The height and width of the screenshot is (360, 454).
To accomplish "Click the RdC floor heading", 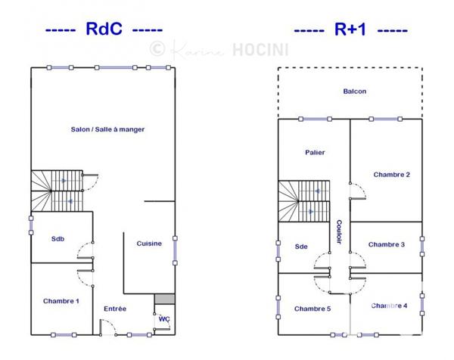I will tap(104, 29).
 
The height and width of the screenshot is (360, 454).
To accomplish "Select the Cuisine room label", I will tap(149, 243).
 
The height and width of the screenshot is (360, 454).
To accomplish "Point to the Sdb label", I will tap(58, 239).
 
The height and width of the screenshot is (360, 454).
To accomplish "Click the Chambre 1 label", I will tap(61, 301).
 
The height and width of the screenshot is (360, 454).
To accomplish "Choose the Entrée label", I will tap(115, 308).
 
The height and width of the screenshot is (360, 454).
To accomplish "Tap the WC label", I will tap(163, 319).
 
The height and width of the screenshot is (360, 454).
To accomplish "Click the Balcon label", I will tap(354, 92).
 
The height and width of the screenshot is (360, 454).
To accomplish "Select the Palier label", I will tap(315, 152).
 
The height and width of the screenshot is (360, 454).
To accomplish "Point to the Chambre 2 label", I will tap(391, 174).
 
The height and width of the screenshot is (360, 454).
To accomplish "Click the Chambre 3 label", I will tap(387, 244).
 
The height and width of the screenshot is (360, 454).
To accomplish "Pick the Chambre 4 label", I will tap(390, 306).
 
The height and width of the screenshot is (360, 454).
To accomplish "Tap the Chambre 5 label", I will tap(313, 308).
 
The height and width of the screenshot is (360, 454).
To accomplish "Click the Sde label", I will tap(301, 247).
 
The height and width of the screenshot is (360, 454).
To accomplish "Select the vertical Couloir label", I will tap(340, 232).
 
